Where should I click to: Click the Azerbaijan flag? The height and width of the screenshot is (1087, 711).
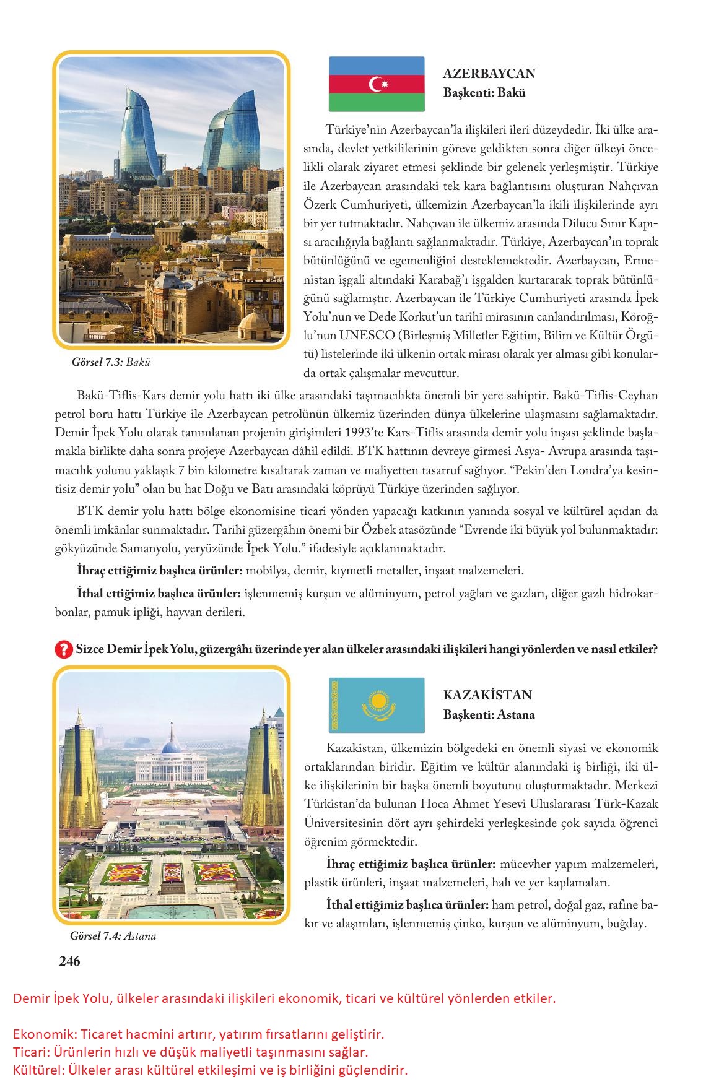click(x=377, y=84)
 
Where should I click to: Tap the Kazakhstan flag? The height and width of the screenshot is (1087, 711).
click(x=377, y=705)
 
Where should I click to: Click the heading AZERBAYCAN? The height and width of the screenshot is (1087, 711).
click(x=489, y=74)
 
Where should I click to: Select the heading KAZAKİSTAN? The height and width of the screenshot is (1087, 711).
click(x=487, y=695)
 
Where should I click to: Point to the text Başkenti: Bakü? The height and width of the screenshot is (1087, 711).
click(x=484, y=93)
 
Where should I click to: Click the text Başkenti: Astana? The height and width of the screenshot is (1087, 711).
click(x=489, y=714)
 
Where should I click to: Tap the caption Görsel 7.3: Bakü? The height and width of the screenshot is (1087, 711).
click(x=111, y=363)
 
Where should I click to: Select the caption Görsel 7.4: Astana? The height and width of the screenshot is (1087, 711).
click(x=113, y=936)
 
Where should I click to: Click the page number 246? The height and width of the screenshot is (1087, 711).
click(x=69, y=961)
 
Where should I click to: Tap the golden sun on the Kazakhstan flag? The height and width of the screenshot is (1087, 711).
click(x=378, y=702)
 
